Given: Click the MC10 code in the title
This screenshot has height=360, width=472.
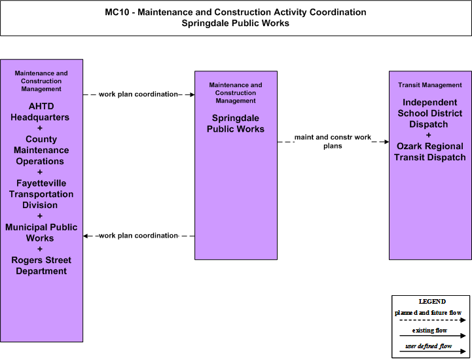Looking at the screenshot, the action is click(x=117, y=12).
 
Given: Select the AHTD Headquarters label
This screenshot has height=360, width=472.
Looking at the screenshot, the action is click(x=40, y=112).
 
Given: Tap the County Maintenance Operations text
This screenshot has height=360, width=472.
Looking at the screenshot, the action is click(x=41, y=150).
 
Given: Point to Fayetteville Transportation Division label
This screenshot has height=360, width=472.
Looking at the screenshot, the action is click(x=41, y=194).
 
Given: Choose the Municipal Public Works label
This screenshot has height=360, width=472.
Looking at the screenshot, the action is click(x=41, y=232).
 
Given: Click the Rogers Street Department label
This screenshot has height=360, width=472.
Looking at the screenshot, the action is click(x=41, y=265).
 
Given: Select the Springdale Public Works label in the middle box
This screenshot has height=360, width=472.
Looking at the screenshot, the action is click(x=236, y=124).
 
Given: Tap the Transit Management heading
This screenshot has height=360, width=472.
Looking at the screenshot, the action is click(x=430, y=85).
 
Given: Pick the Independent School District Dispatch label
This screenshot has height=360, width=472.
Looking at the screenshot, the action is click(x=430, y=113).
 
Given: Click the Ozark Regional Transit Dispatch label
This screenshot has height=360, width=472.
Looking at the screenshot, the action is click(x=430, y=152).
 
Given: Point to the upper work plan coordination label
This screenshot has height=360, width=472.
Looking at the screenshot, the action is click(x=139, y=94).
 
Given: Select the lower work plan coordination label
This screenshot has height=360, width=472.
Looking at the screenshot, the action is click(x=139, y=236).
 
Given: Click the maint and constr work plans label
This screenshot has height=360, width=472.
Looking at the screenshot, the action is click(x=333, y=141).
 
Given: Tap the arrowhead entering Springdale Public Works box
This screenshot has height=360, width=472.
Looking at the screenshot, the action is click(x=192, y=94).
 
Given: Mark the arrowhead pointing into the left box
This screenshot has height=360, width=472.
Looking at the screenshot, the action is click(x=86, y=236).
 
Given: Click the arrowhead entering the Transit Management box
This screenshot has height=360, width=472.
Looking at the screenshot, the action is click(x=386, y=142).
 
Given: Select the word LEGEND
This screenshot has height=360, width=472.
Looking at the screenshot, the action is click(x=432, y=301).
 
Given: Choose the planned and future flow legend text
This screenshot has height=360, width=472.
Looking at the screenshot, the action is click(x=428, y=312).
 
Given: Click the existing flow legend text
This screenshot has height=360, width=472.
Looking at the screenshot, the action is click(x=429, y=330).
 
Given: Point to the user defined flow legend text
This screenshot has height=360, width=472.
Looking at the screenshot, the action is click(x=429, y=346).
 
